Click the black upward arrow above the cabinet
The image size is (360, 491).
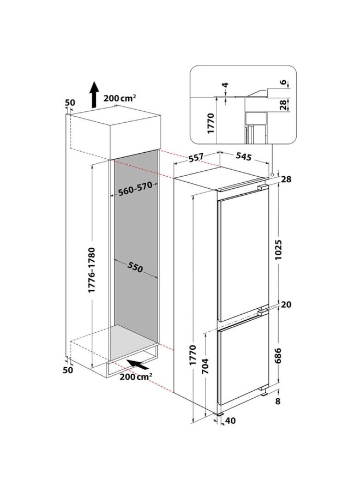tap(94, 94)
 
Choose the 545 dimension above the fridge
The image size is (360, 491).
tap(243, 158)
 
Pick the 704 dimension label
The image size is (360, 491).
tap(206, 369)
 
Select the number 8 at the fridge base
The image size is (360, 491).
tap(278, 402)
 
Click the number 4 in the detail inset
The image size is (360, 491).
tap(225, 86)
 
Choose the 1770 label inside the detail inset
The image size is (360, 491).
tap(206, 120)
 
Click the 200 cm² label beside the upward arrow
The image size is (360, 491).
tap(119, 98)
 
